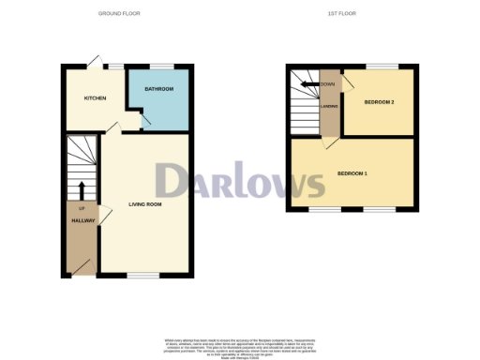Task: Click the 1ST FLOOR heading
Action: click(x=341, y=13)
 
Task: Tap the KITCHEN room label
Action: click(x=95, y=98)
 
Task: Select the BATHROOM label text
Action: click(x=158, y=89)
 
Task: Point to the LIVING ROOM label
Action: click(x=145, y=203)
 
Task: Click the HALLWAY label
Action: click(x=83, y=221)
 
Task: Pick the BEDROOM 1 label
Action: click(x=352, y=174)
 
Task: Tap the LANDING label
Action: click(x=329, y=106)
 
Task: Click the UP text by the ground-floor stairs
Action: click(x=82, y=207)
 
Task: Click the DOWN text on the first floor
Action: click(x=327, y=84)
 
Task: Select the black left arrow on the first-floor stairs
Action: click(x=307, y=84)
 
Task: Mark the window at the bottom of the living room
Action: click(x=143, y=276)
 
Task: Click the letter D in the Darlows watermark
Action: click(x=173, y=182)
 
